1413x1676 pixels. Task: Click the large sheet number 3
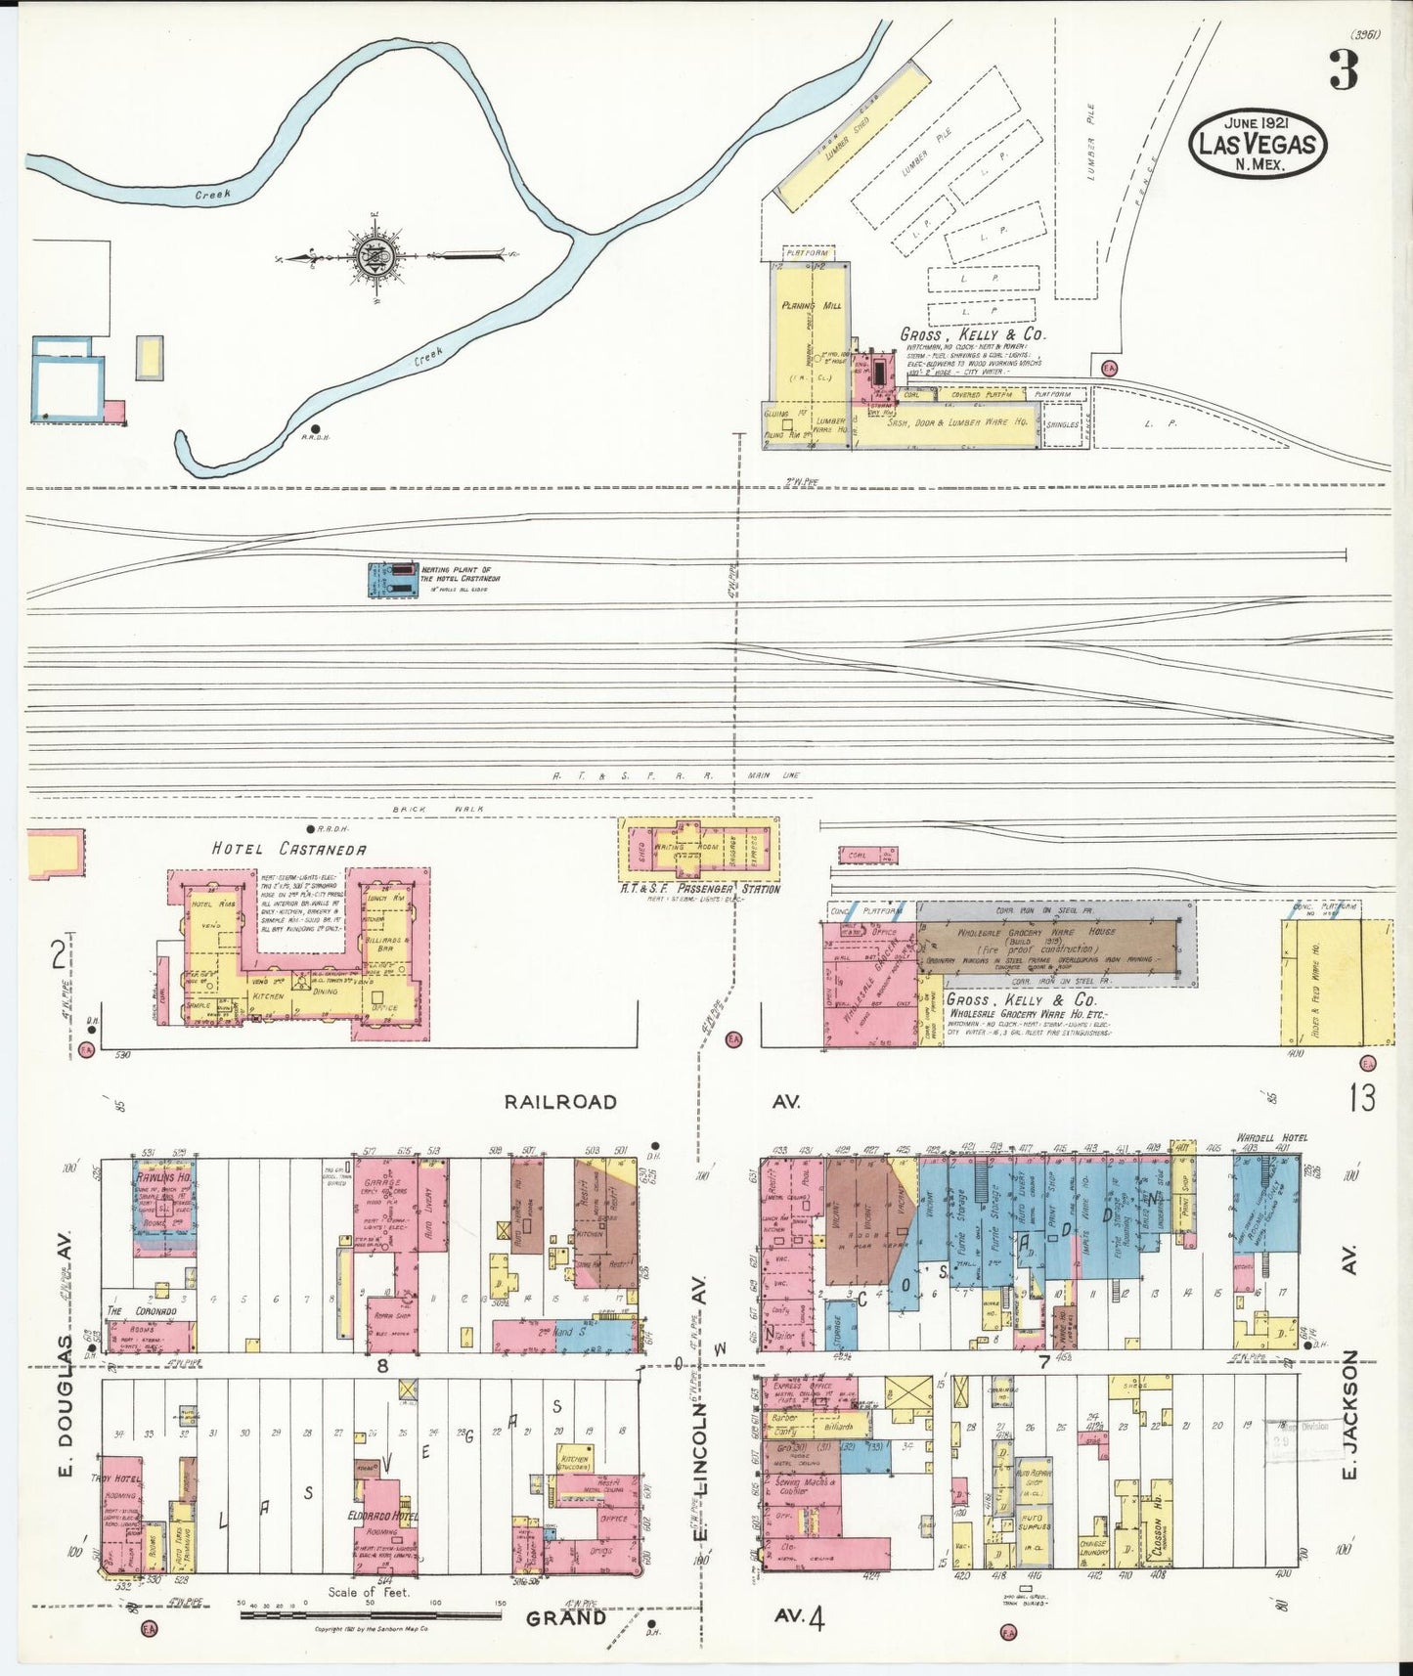point(1344,69)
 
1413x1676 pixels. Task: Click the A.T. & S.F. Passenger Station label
point(700,889)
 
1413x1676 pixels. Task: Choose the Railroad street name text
point(560,1102)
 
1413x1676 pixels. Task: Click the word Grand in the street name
point(566,1617)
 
